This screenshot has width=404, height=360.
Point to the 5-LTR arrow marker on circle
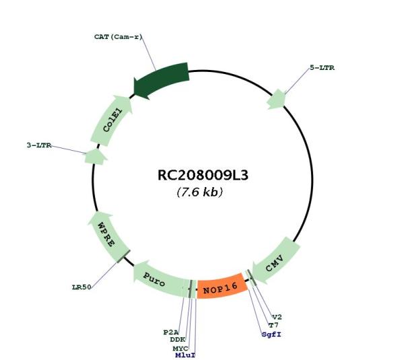click(x=277, y=99)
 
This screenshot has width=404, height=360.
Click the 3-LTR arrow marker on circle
click(x=96, y=157)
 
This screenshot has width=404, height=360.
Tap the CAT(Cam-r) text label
click(x=118, y=37)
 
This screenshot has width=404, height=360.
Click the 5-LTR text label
click(x=322, y=68)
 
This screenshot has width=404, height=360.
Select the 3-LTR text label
click(x=39, y=145)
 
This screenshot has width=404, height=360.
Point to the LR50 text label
click(x=81, y=287)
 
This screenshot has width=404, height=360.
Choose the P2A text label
click(x=171, y=332)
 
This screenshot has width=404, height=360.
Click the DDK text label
click(x=178, y=340)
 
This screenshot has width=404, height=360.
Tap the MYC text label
click(x=180, y=349)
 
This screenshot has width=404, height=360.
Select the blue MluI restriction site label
click(x=185, y=355)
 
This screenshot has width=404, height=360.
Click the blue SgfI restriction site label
click(x=271, y=334)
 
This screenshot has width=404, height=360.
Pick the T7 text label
click(x=273, y=326)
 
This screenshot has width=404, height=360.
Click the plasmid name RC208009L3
click(x=203, y=176)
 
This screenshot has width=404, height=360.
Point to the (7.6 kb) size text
click(x=200, y=192)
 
